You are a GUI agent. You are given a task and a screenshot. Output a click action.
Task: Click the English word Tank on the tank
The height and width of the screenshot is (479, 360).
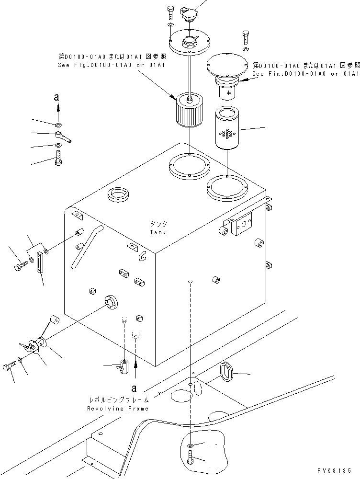point(157,232)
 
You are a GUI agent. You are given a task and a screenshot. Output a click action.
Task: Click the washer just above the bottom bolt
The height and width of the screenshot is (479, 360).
point(191,445)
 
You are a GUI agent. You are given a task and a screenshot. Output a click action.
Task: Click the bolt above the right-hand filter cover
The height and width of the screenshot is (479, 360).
point(246,36)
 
